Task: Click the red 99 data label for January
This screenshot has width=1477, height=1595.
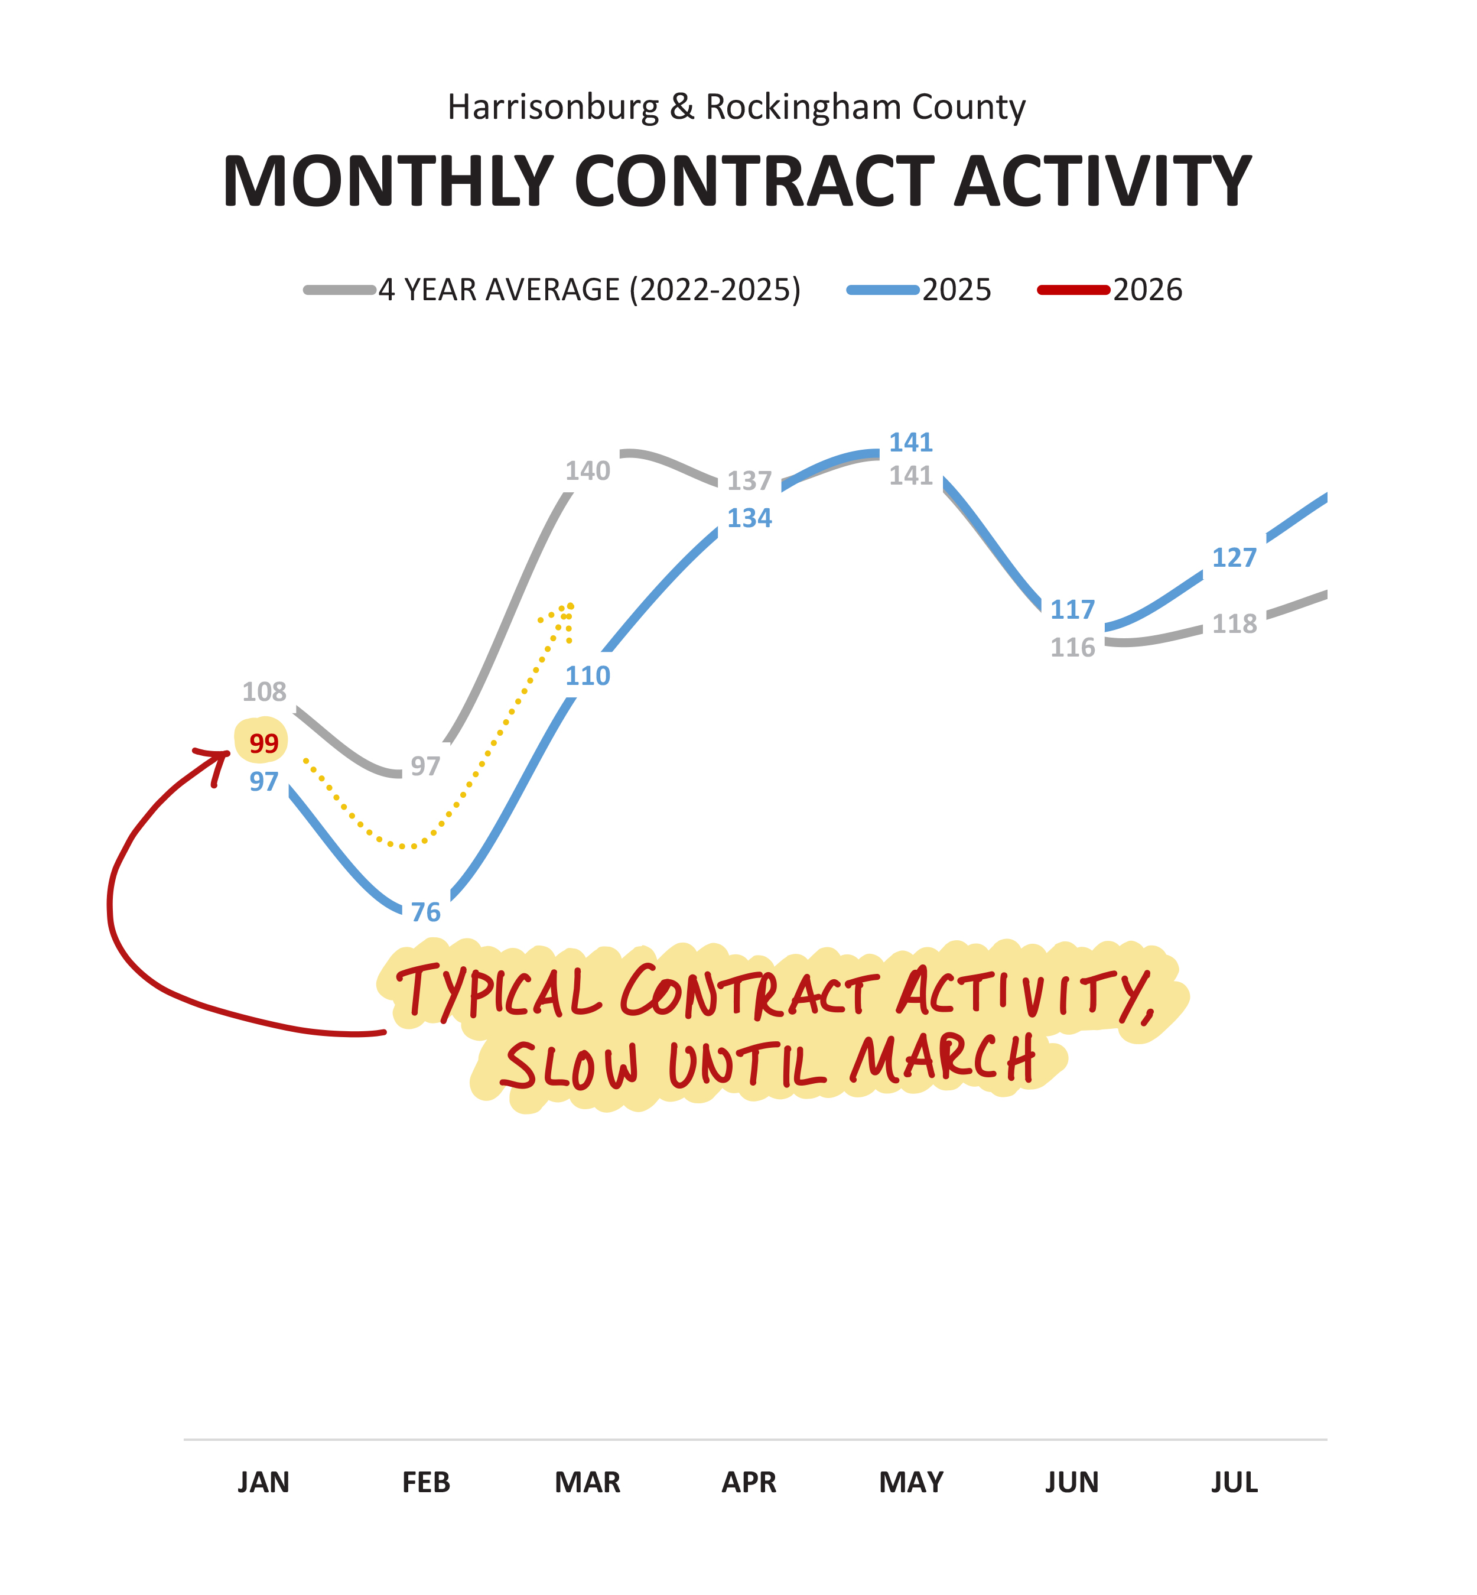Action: [x=263, y=743]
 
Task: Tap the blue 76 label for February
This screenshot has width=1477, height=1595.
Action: [x=426, y=912]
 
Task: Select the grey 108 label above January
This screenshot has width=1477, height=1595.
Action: [x=263, y=691]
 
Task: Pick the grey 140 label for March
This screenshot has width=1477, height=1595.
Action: [x=587, y=471]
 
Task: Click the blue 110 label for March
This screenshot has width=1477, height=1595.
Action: [x=587, y=677]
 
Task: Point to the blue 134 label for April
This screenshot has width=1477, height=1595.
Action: [x=749, y=518]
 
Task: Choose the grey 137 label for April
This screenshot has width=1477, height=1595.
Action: [x=749, y=480]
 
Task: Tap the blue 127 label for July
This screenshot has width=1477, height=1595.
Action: [x=1234, y=557]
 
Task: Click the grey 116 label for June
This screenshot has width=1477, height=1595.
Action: [x=1072, y=648]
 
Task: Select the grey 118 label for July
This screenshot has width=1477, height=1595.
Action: [x=1234, y=623]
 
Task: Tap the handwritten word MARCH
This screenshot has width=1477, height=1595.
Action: [x=943, y=1060]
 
